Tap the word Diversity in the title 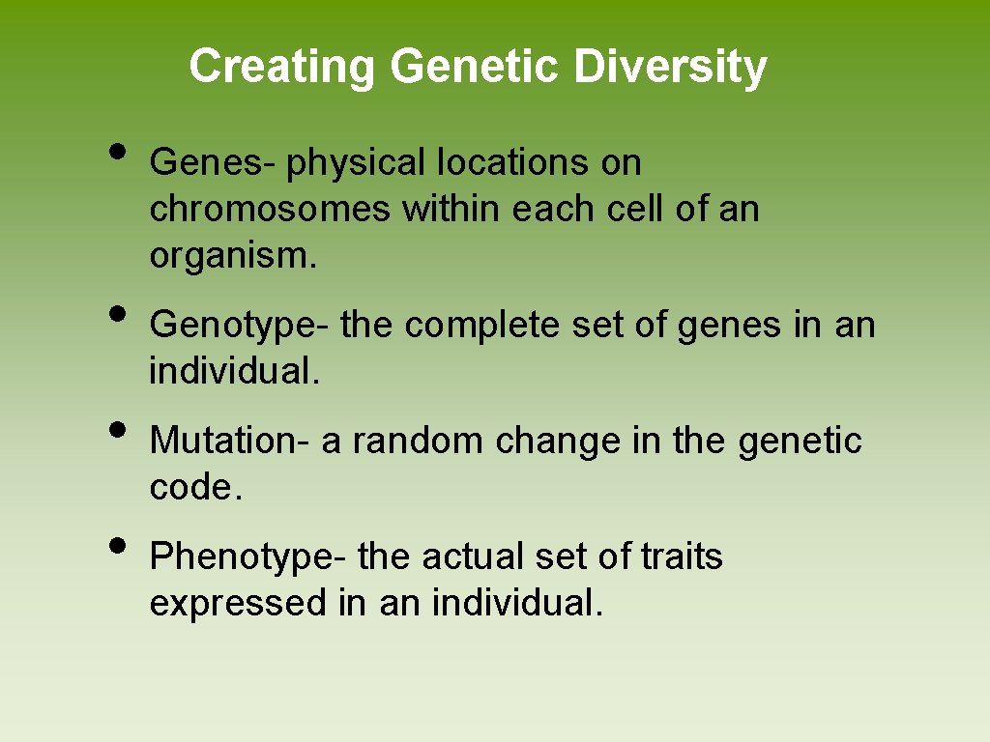(669, 67)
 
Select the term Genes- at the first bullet (213, 163)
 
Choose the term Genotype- (240, 326)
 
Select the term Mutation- (231, 442)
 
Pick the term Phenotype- (248, 557)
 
